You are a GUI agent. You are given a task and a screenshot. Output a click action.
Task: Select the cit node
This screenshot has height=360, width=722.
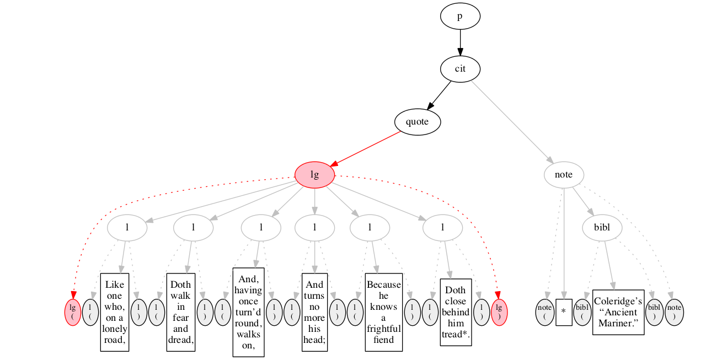pyautogui.click(x=459, y=69)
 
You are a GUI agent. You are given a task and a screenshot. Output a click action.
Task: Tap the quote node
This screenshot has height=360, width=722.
pyautogui.click(x=417, y=122)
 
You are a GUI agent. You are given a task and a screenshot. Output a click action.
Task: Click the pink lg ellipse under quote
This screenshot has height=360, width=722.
pyautogui.click(x=314, y=175)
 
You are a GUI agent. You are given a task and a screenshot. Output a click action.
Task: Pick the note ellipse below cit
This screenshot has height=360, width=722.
pyautogui.click(x=563, y=175)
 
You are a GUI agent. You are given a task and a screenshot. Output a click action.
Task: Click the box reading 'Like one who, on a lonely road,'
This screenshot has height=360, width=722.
pyautogui.click(x=115, y=312)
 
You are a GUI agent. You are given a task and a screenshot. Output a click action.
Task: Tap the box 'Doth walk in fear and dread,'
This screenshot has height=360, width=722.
pyautogui.click(x=180, y=312)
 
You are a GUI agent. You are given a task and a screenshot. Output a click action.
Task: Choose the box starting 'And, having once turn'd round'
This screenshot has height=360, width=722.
pyautogui.click(x=248, y=312)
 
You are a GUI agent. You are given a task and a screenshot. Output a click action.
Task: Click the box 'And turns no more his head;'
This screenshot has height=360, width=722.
pyautogui.click(x=314, y=312)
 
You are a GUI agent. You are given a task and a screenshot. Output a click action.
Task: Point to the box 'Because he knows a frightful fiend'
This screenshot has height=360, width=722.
pyautogui.click(x=383, y=312)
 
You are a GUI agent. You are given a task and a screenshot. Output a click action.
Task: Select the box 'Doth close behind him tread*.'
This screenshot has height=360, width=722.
pyautogui.click(x=456, y=312)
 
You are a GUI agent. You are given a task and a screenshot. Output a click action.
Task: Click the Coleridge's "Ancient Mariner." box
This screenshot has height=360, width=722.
pyautogui.click(x=618, y=312)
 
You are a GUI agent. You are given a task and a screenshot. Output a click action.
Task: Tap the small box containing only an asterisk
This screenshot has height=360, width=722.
pyautogui.click(x=564, y=312)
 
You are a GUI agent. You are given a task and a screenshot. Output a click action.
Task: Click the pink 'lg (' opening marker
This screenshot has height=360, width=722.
pyautogui.click(x=73, y=312)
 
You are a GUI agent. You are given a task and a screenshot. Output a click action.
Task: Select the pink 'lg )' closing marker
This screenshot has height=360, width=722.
pyautogui.click(x=499, y=312)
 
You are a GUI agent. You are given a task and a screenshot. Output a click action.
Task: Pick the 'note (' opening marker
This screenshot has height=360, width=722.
pyautogui.click(x=544, y=312)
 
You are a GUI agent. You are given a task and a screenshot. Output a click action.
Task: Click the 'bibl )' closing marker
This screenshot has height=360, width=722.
pyautogui.click(x=654, y=312)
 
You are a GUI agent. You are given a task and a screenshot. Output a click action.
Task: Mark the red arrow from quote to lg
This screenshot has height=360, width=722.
pyautogui.click(x=367, y=148)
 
